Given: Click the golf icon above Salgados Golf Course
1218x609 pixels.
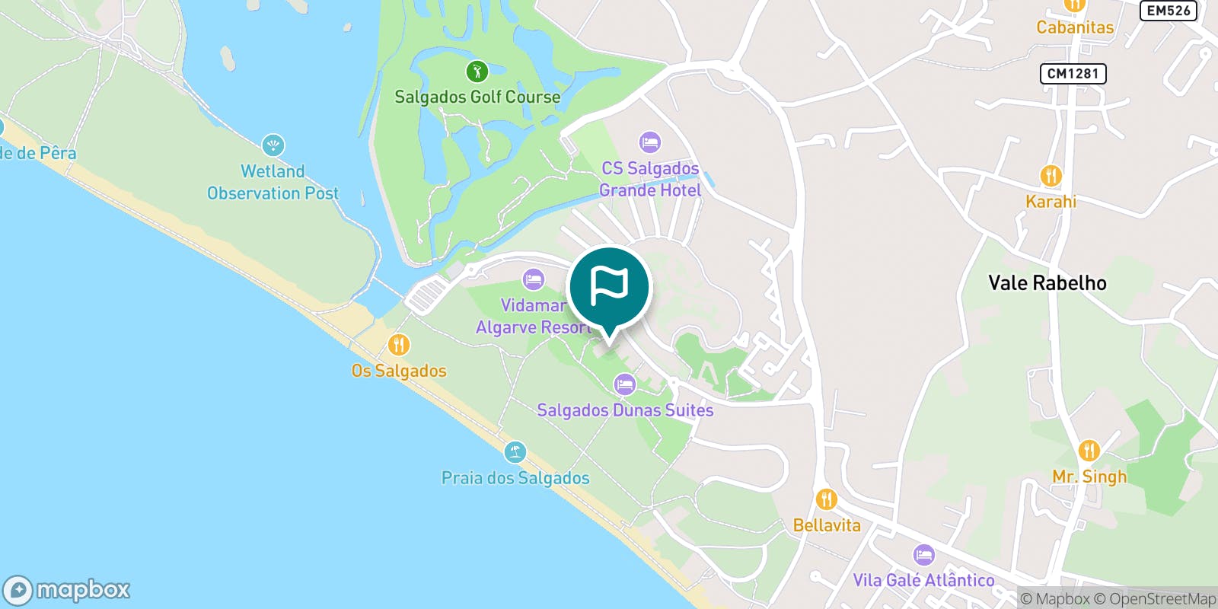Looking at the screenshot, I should (x=477, y=72).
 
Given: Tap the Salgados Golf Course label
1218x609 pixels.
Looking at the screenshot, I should (x=477, y=97).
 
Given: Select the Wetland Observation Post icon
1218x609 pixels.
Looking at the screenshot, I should (x=273, y=145).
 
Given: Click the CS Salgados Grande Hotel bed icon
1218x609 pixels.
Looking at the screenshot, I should (x=649, y=142).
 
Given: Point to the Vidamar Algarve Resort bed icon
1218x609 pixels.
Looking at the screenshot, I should (x=534, y=279).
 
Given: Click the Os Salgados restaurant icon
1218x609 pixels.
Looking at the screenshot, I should (x=398, y=345).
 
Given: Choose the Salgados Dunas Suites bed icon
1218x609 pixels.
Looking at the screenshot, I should (x=625, y=384).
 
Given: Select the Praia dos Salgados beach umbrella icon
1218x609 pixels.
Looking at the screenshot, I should (x=515, y=452).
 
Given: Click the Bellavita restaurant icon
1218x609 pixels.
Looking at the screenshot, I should (x=826, y=500).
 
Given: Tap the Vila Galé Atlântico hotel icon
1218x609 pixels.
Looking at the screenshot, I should (x=923, y=554).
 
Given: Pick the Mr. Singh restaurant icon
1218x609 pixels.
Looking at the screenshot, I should (x=1089, y=451).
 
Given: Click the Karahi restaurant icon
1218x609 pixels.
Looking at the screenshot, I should (x=1051, y=177).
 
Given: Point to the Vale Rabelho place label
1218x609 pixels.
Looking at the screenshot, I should (x=1047, y=283).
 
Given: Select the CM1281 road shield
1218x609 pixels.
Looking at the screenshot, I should (x=1073, y=74).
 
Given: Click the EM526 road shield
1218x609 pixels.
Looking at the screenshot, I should (x=1168, y=11).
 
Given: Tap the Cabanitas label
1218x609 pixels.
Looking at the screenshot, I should (x=1075, y=27).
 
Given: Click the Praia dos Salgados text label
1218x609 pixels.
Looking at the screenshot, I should (x=515, y=478).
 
